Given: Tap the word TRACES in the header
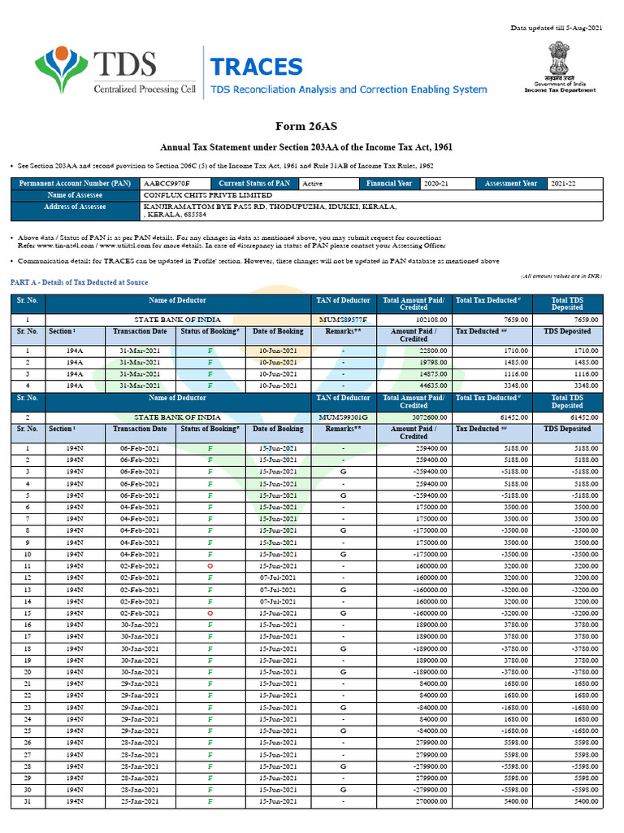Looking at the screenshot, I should (256, 68).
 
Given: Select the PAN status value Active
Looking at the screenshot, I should (312, 184).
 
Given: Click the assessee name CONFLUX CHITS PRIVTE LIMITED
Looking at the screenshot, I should (207, 195).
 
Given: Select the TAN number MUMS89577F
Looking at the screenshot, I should (343, 320).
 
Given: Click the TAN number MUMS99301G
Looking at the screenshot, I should (343, 416).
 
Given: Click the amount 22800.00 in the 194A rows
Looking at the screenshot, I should (426, 350).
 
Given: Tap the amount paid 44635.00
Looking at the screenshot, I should (426, 386).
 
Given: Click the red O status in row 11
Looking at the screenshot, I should (210, 565).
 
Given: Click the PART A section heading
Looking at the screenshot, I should (79, 281).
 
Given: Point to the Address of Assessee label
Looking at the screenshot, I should (76, 207).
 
